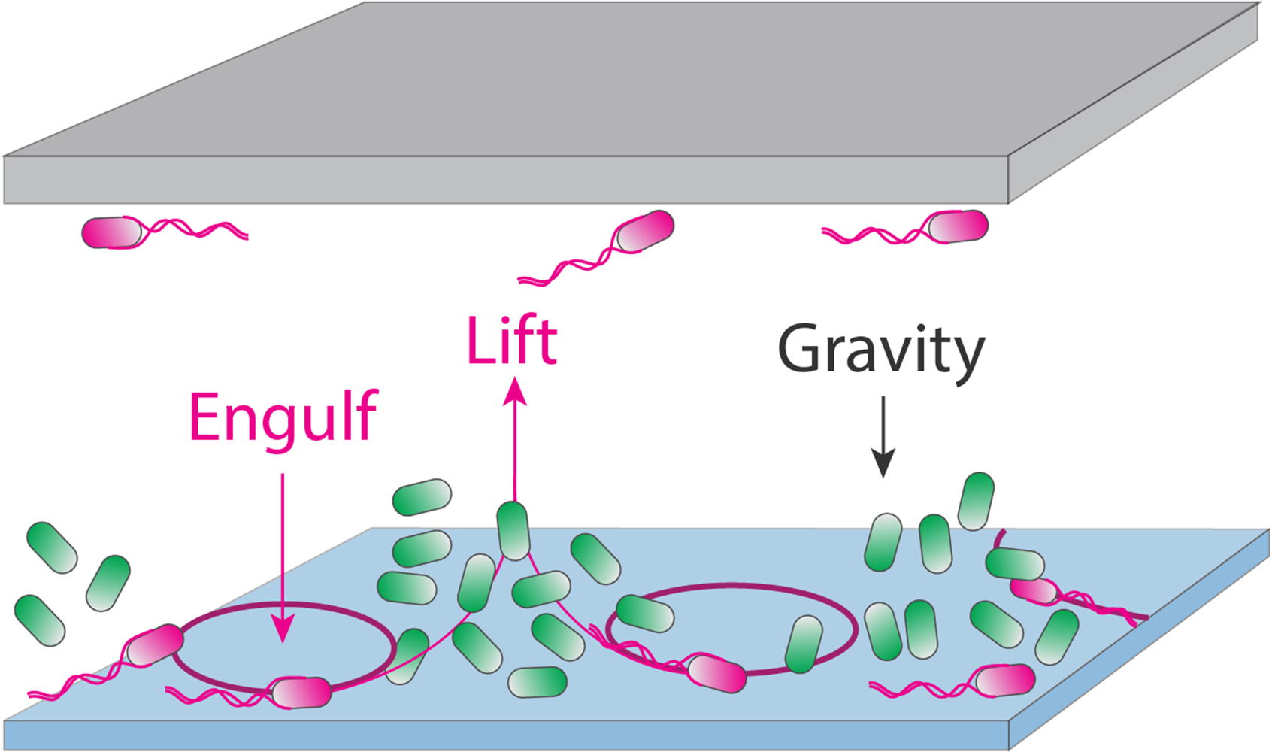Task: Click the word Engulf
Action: pyautogui.click(x=283, y=418)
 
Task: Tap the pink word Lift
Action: pyautogui.click(x=512, y=341)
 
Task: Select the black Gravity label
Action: pyautogui.click(x=880, y=350)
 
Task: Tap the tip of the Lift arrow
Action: pyautogui.click(x=515, y=387)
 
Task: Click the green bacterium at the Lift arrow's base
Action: pyautogui.click(x=513, y=531)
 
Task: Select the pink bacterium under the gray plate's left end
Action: pyautogui.click(x=112, y=232)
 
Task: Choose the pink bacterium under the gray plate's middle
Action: pyautogui.click(x=645, y=231)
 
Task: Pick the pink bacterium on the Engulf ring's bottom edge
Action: pyautogui.click(x=301, y=693)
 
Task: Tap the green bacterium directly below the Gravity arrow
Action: pyautogui.click(x=883, y=542)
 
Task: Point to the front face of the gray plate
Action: pyautogui.click(x=504, y=180)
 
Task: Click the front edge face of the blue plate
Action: pyautogui.click(x=504, y=735)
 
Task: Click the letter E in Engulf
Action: pyautogui.click(x=204, y=418)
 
